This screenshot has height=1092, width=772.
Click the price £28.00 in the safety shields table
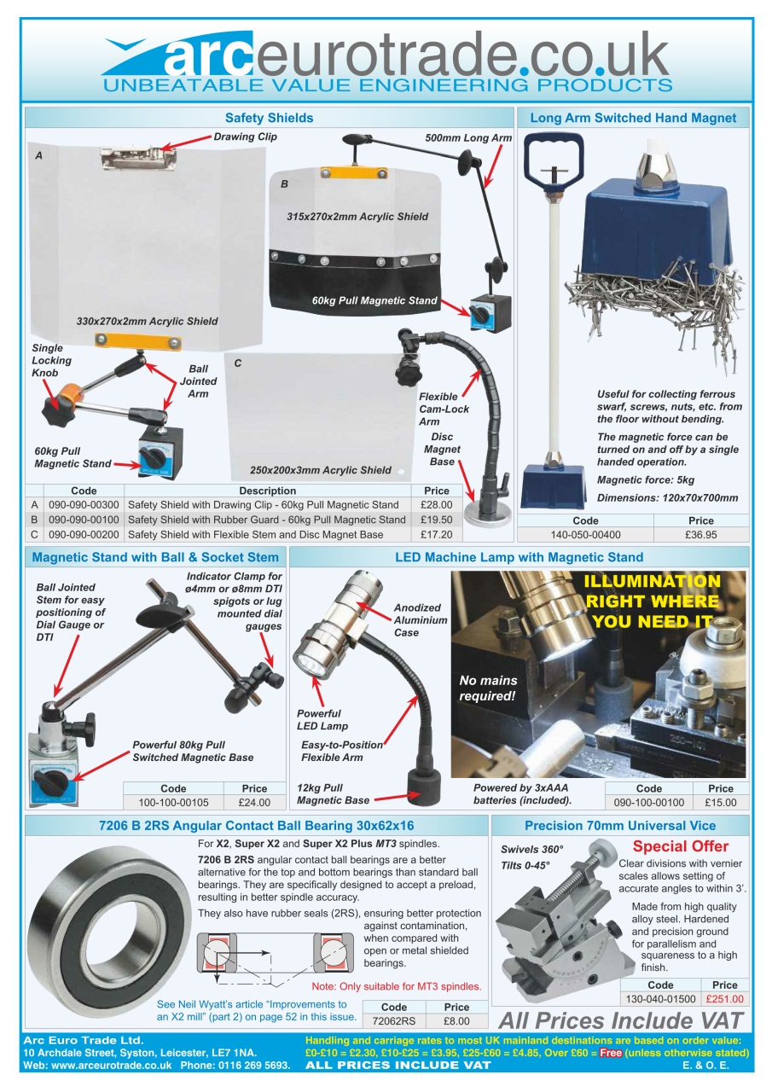point(436,505)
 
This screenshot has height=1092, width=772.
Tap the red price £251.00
point(724,999)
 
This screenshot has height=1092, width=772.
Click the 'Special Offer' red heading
point(680,847)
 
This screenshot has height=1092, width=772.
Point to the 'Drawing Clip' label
point(245,136)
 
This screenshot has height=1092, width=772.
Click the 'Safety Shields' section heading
point(269,118)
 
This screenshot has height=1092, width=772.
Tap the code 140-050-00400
point(585,535)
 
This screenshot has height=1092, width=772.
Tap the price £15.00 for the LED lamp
point(720,803)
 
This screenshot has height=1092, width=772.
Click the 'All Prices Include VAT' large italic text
point(620,1020)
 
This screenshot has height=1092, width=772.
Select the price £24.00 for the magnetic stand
point(254,803)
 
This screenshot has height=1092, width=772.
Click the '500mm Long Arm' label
point(468,137)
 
